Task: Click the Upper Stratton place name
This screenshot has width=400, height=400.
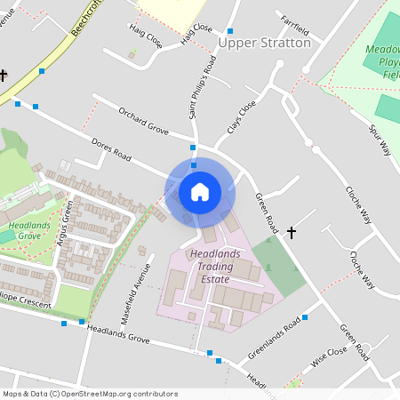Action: click(264, 42)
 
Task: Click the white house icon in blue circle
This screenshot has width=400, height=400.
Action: click(200, 191)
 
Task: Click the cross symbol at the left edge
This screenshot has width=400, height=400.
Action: click(4, 76)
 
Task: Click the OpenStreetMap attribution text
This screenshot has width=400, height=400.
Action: click(90, 394)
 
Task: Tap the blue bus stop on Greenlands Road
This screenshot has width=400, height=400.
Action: click(305, 316)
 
